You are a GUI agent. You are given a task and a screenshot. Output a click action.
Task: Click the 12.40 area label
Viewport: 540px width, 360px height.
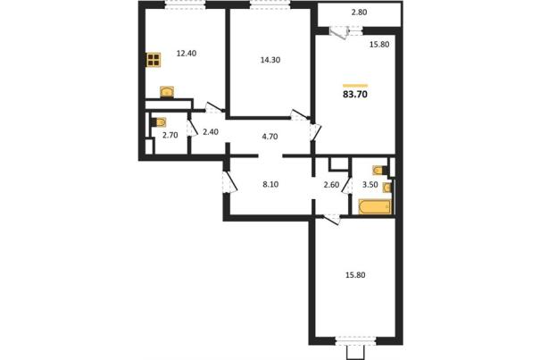[187, 54]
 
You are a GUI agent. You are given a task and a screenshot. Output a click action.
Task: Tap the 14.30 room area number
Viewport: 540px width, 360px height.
[270, 60]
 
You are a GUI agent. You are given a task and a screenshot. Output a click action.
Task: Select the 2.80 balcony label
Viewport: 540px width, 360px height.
[359, 13]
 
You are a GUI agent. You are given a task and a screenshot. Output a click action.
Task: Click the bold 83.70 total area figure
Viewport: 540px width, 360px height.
[355, 94]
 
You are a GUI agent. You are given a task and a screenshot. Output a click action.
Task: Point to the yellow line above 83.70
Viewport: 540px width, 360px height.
[355, 85]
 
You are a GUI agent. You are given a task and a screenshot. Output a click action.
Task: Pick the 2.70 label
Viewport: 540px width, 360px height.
[170, 135]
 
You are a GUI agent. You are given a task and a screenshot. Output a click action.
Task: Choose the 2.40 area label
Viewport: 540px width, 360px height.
[211, 131]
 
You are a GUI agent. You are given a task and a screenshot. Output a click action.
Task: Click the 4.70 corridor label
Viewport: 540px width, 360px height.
[270, 137]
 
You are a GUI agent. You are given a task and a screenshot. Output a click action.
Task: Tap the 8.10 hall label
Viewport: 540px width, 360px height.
[270, 185]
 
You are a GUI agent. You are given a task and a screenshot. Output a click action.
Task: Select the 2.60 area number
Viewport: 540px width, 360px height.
[331, 185]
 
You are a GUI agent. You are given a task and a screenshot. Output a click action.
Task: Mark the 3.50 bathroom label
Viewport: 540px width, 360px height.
[370, 185]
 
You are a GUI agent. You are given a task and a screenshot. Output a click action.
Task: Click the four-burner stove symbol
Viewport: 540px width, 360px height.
[154, 60]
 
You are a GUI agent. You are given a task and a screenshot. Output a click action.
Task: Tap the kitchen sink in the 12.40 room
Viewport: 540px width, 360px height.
[167, 92]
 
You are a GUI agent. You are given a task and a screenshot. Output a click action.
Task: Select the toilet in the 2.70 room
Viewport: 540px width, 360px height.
[159, 122]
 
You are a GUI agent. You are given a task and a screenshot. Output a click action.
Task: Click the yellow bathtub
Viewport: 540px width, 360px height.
[375, 206]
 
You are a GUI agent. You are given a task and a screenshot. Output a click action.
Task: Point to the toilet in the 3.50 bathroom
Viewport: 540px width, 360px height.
[380, 170]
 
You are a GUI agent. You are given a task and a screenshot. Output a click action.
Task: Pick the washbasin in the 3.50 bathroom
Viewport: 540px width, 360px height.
[387, 188]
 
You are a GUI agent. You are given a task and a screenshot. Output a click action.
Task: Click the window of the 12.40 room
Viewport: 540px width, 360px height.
[185, 4]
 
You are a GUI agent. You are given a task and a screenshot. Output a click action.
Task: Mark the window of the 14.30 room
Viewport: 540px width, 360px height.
[270, 4]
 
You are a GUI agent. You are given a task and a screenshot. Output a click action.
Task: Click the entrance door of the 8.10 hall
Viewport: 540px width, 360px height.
[229, 182]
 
